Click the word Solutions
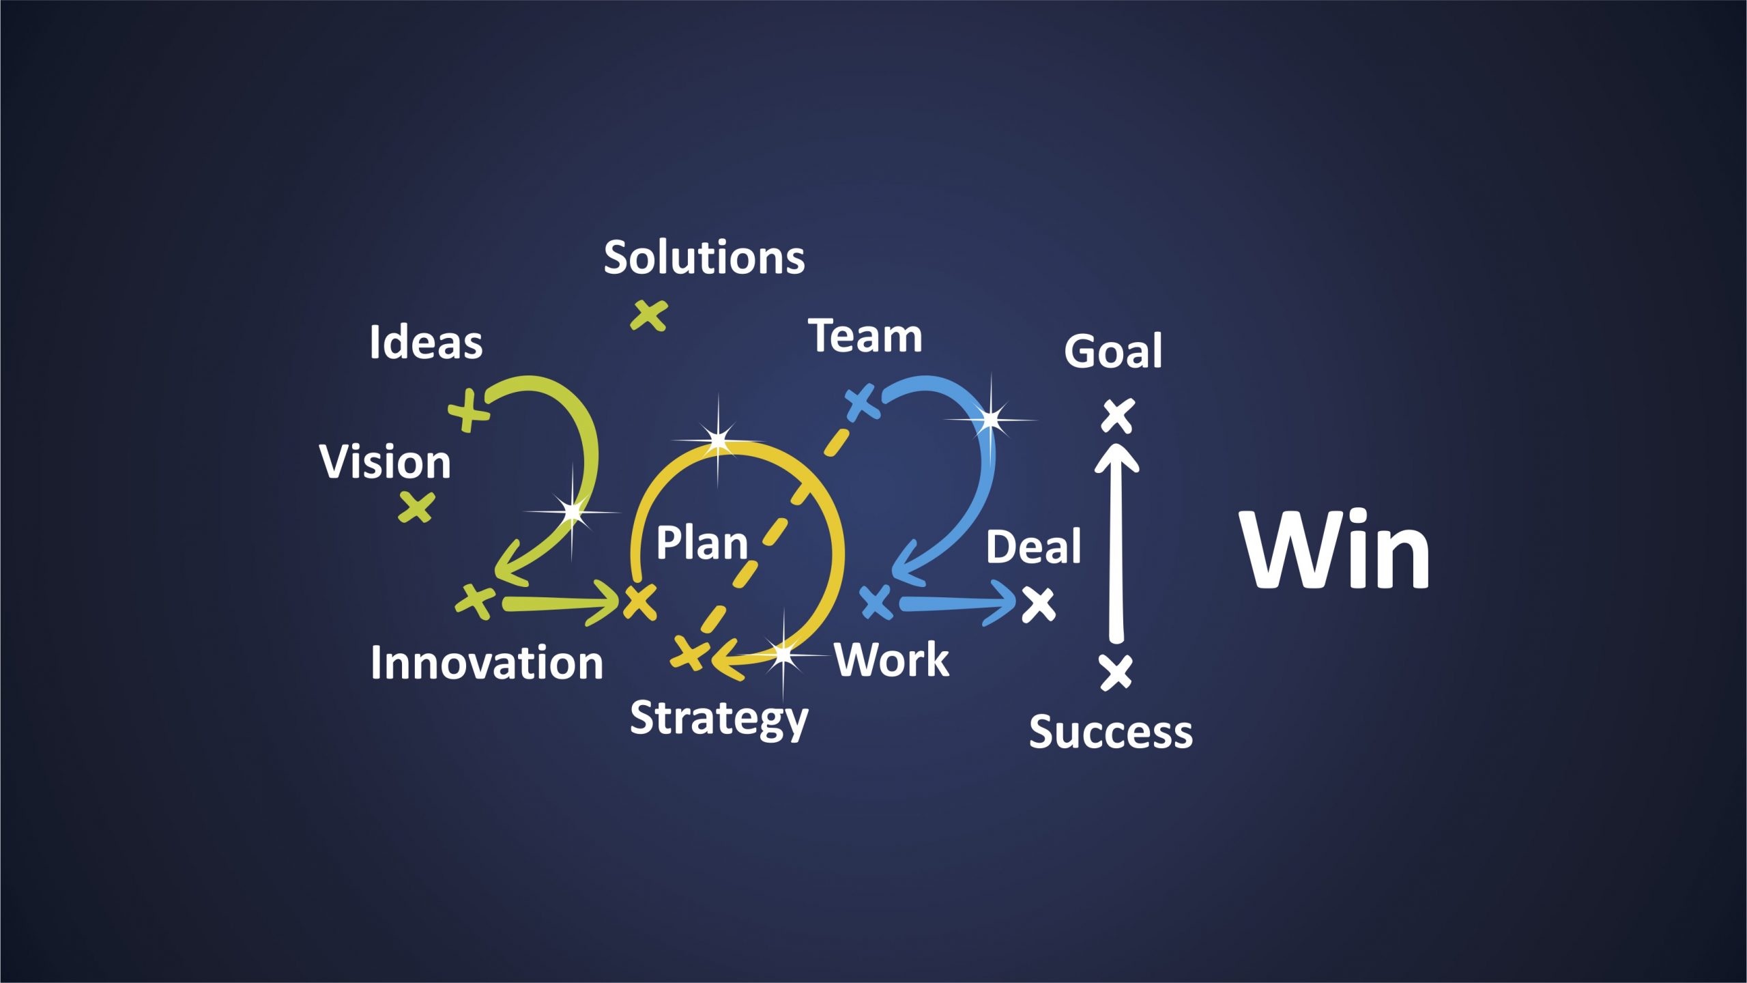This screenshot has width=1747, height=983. point(704,258)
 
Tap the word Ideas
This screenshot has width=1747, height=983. point(426,341)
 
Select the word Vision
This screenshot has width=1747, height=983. point(385,461)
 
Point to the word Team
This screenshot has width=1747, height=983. point(865,336)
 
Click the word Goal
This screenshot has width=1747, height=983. point(1113,351)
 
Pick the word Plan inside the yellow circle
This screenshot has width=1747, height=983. point(702,543)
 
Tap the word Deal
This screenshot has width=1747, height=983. point(1034,546)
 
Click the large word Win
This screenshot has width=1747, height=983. point(1335,549)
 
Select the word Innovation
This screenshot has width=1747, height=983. point(487,663)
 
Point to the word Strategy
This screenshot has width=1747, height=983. point(719,719)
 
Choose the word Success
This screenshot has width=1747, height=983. point(1111,732)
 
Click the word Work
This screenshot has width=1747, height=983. point(891,659)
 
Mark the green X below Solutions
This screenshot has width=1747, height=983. point(648,315)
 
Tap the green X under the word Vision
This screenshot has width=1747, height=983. point(416,507)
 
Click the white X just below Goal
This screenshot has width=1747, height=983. point(1118,415)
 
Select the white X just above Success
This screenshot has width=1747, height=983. point(1116,672)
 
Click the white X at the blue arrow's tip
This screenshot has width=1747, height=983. point(1039,605)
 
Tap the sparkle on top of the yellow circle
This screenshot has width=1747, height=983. point(718,440)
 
